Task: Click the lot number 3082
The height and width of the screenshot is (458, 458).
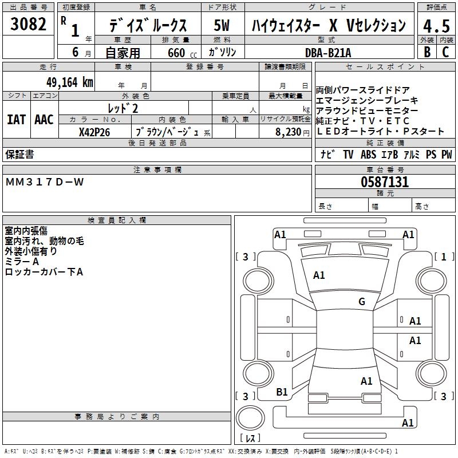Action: (x=29, y=25)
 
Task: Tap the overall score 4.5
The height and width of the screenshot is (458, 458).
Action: (x=436, y=26)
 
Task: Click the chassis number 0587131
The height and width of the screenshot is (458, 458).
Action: (x=384, y=182)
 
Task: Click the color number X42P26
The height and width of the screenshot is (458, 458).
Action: (x=95, y=132)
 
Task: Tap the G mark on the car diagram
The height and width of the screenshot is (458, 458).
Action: (x=361, y=302)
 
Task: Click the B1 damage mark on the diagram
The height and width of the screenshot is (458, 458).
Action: (x=282, y=392)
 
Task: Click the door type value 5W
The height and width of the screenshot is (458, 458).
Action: (x=222, y=25)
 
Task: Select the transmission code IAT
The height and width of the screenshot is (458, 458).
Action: (x=16, y=120)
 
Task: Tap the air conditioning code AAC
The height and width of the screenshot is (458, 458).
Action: (x=44, y=120)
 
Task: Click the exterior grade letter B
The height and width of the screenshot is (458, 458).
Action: (x=427, y=52)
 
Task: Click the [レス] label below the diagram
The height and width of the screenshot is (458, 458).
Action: (x=250, y=438)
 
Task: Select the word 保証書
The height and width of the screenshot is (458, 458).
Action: (x=19, y=155)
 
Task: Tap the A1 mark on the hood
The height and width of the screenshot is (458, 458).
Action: (x=319, y=275)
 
